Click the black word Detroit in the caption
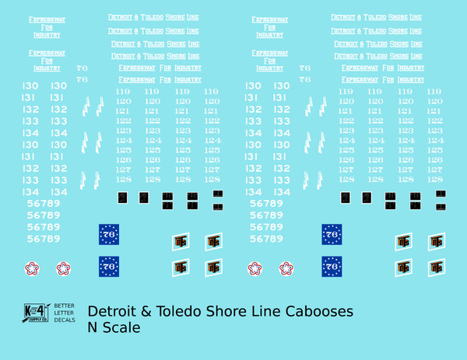pyautogui.click(x=111, y=312)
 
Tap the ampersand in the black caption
pyautogui.click(x=146, y=312)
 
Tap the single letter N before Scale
pyautogui.click(x=93, y=329)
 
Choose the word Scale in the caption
pyautogui.click(x=121, y=329)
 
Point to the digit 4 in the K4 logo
pyautogui.click(x=44, y=309)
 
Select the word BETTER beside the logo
pyautogui.click(x=64, y=307)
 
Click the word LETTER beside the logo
pyautogui.click(x=64, y=313)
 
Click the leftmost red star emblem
pyautogui.click(x=32, y=269)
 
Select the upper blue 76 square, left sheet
pyautogui.click(x=109, y=234)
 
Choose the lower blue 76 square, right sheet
pyautogui.click(x=332, y=267)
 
